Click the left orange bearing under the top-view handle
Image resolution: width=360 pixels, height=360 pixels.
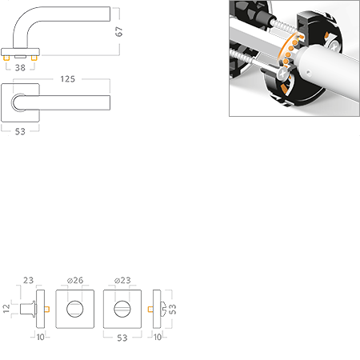point(6,60)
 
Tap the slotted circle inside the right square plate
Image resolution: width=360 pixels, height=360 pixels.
point(122,308)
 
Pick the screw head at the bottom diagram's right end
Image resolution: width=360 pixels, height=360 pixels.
point(163,308)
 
